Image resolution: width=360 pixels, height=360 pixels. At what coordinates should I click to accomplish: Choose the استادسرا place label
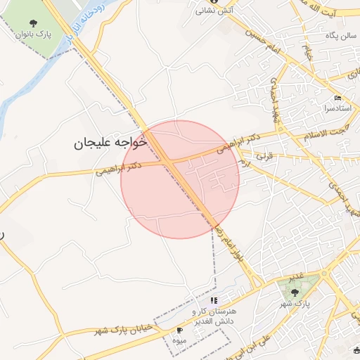click(x=339, y=110)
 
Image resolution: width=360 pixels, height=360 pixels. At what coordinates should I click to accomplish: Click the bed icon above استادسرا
click(x=338, y=98)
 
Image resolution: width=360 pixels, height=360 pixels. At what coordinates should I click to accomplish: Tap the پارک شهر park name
click(x=295, y=303)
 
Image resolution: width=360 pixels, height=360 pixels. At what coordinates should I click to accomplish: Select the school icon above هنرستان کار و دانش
click(x=214, y=300)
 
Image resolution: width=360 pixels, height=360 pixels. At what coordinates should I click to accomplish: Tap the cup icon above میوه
click(x=179, y=329)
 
